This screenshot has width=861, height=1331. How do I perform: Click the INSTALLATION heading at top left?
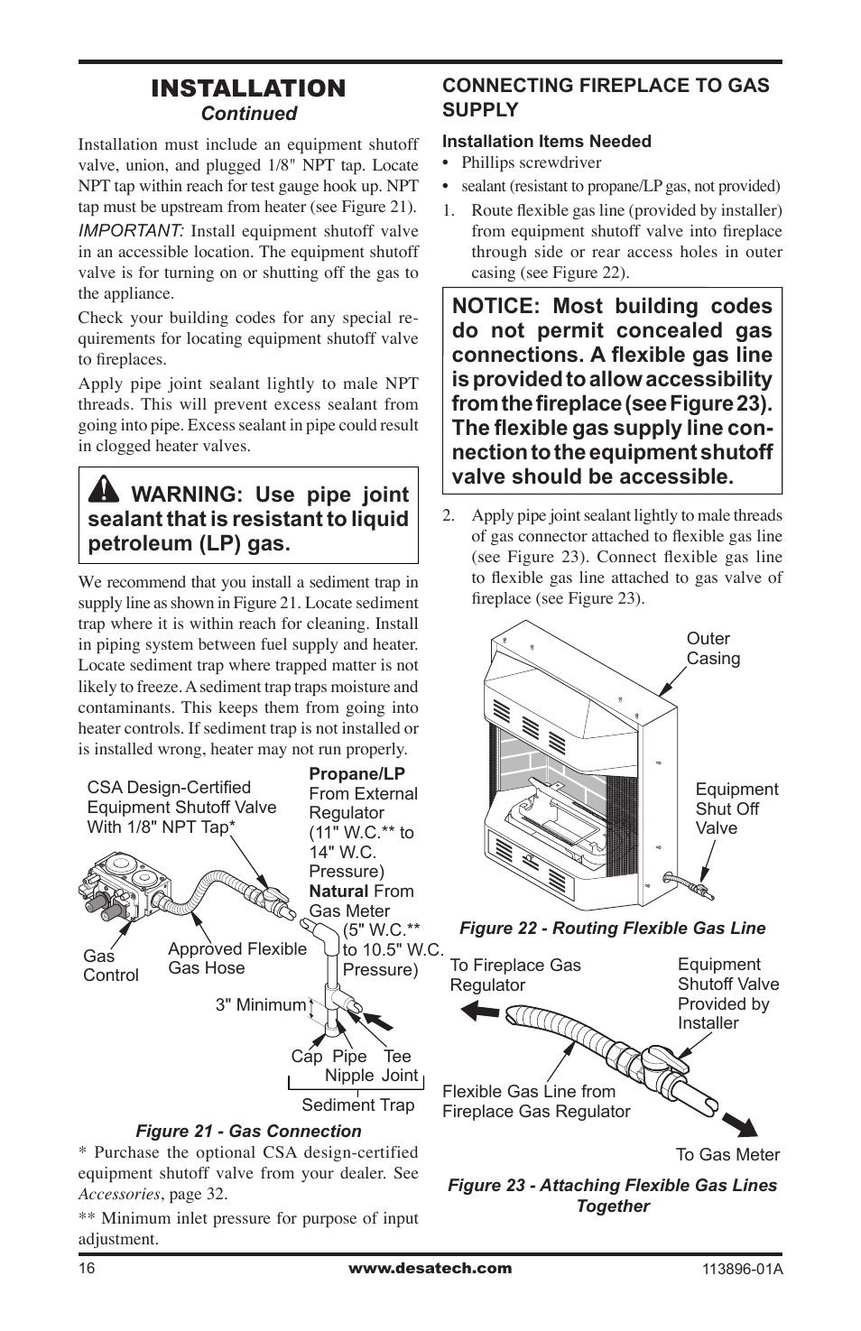248,88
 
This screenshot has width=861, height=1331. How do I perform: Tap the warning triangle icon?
105,489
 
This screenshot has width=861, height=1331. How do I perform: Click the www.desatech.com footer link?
430,1268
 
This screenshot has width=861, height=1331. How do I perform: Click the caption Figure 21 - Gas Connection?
248,1131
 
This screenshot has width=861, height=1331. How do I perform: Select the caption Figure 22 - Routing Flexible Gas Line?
612,928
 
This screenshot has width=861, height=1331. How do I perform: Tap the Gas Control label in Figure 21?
110,966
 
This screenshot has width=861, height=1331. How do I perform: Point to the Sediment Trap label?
357,1105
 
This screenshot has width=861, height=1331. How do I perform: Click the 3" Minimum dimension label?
260,1004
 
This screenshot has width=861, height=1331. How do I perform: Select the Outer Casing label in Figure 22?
713,649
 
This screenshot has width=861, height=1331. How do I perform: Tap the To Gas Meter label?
727,1154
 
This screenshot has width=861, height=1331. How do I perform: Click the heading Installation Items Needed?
546,141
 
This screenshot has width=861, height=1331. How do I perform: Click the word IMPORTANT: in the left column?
131,231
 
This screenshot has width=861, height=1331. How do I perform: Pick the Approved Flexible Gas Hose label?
236,958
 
